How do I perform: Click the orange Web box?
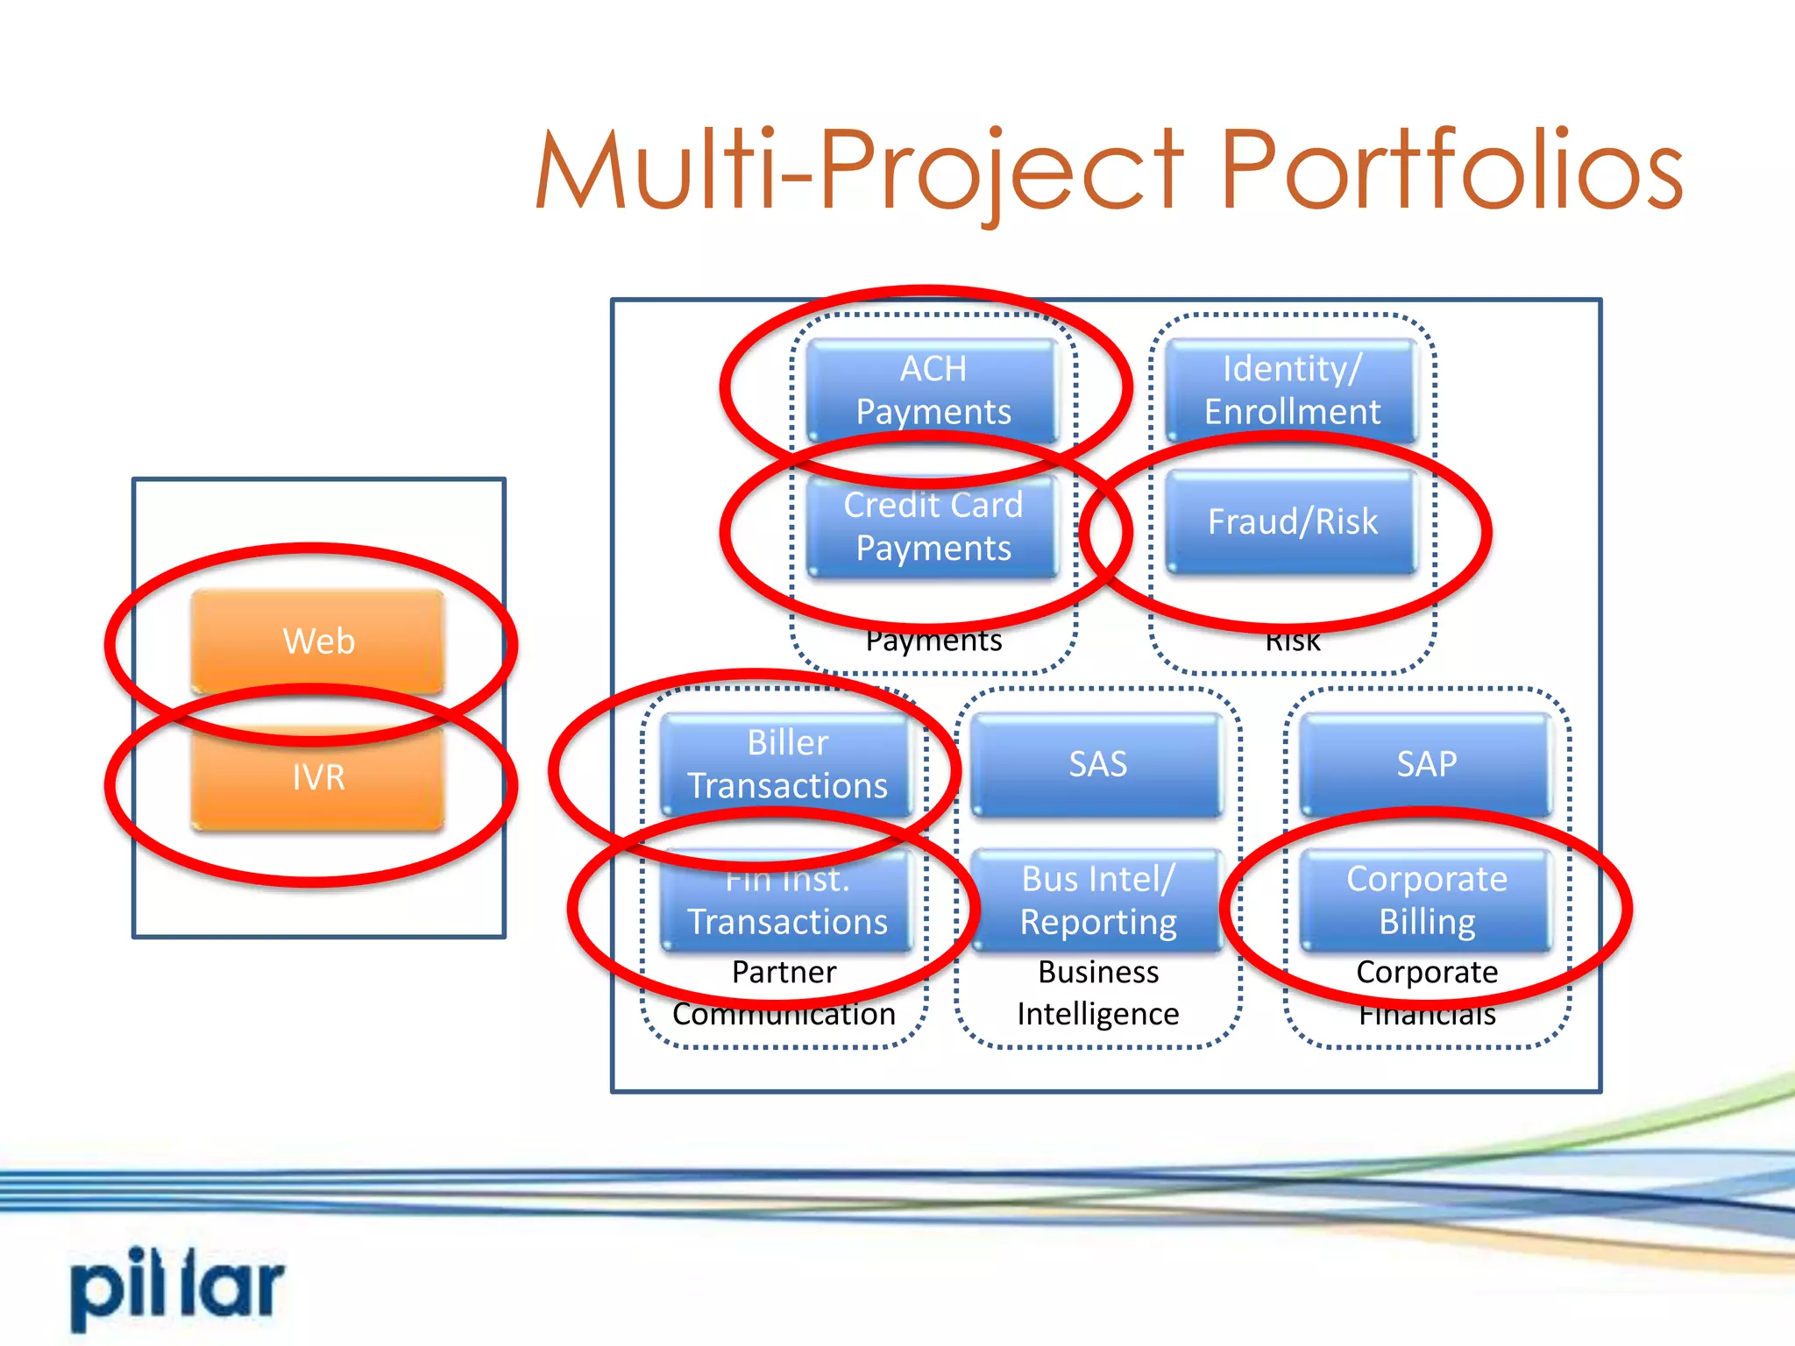point(318,641)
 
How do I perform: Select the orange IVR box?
point(318,777)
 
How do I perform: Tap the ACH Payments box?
point(933,390)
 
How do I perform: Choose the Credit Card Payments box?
point(933,526)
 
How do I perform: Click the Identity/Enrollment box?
point(1292,390)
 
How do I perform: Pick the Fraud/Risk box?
point(1292,521)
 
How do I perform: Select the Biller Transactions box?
point(787,764)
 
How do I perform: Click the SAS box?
point(1097,764)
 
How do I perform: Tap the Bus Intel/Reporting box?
point(1097,901)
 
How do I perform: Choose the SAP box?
point(1426,764)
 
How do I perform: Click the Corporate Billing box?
point(1426,901)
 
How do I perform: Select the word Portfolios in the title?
point(1451,171)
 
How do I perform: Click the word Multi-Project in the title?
point(859,171)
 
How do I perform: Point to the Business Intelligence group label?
point(1097,993)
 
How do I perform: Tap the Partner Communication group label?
point(784,993)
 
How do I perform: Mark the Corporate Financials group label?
point(1427,993)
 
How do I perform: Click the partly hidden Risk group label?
point(1293,643)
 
